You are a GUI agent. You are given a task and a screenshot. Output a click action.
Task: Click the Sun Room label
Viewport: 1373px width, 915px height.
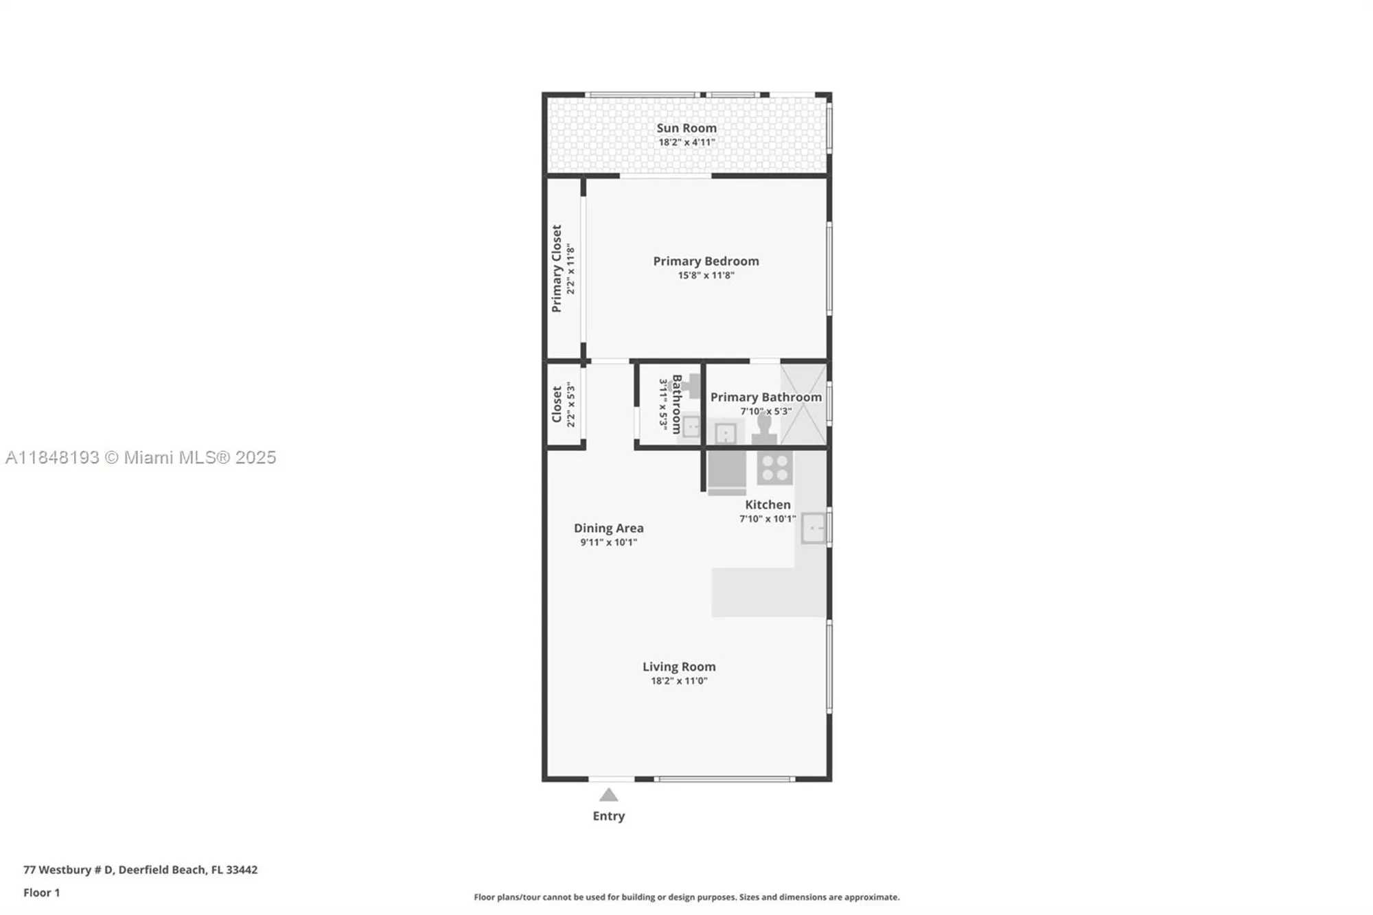686,128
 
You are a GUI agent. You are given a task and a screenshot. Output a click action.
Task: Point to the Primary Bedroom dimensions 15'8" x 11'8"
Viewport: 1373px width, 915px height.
706,275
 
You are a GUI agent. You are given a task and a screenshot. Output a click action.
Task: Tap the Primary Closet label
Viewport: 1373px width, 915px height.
557,268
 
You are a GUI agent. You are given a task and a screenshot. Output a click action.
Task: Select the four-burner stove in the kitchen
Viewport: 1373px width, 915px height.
775,468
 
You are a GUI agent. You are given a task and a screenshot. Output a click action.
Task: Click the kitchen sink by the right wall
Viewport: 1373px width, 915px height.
813,528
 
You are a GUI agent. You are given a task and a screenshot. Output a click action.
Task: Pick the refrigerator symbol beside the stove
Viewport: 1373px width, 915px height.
726,470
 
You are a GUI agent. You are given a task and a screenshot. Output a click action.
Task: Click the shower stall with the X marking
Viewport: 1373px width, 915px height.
803,404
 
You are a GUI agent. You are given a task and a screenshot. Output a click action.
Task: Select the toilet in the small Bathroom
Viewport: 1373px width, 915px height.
691,386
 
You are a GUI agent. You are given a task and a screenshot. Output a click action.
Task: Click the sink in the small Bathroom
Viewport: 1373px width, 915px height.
691,428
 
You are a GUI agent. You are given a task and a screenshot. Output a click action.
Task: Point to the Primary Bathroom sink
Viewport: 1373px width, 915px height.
726,433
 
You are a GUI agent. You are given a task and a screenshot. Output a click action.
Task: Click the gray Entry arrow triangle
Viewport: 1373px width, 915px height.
608,795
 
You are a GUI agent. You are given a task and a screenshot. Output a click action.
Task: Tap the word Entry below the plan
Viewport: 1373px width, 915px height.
608,815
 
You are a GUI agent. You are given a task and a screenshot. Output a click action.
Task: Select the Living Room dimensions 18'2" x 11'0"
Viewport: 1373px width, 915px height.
678,681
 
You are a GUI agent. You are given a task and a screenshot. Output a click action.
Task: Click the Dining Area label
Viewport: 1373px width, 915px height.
608,528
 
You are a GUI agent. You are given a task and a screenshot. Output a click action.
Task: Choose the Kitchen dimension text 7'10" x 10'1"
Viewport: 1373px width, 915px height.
767,519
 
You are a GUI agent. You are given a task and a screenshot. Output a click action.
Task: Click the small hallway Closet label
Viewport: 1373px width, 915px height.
557,404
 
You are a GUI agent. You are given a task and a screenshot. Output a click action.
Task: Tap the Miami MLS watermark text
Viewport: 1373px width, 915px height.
141,457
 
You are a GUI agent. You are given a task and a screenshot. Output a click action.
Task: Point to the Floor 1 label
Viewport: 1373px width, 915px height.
41,892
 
